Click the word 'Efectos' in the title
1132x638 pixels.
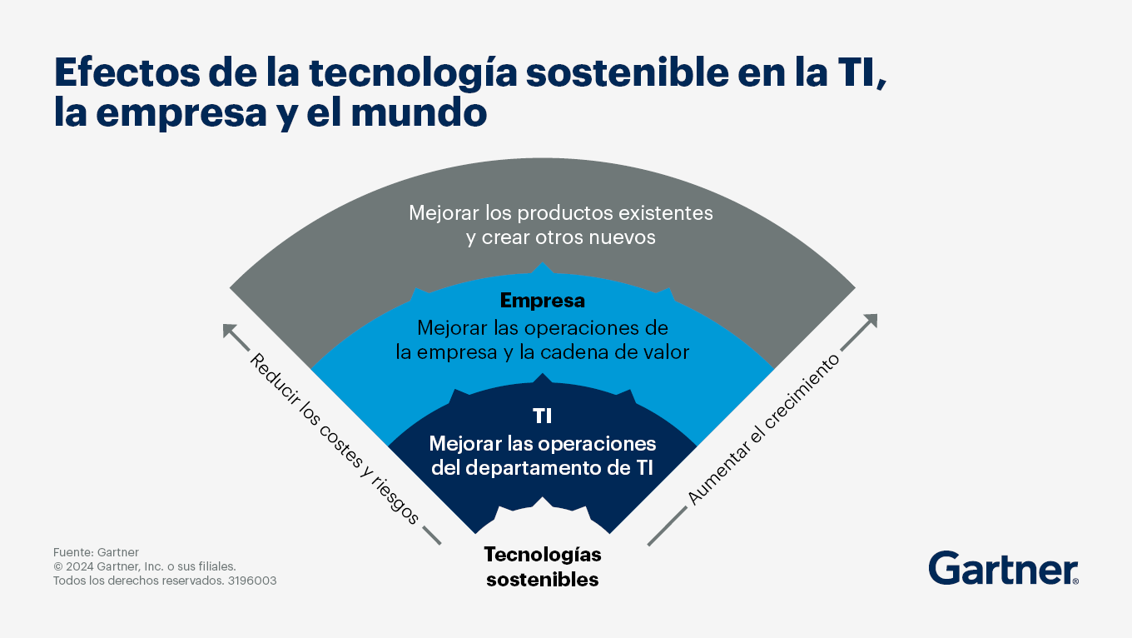127,72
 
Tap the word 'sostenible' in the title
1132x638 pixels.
627,72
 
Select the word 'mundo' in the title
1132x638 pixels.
419,112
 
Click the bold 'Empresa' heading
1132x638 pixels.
542,301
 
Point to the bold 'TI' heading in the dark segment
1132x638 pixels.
542,416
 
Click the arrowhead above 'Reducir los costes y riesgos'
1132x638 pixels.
230,331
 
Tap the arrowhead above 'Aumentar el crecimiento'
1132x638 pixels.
870,321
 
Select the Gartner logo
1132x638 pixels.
1003,569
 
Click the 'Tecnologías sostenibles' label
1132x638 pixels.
542,566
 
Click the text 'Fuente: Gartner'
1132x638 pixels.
96,552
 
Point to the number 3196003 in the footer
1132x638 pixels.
252,581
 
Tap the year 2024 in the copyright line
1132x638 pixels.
79,566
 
